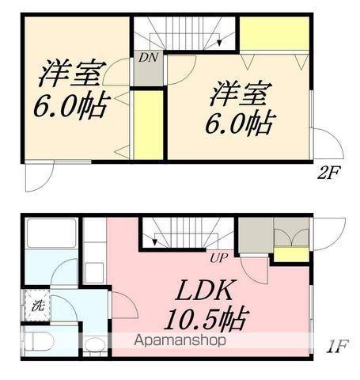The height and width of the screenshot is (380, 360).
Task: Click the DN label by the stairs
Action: click(x=149, y=58)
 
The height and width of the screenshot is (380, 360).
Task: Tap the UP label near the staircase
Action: click(x=218, y=258)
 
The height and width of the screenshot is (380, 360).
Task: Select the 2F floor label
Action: click(x=328, y=173)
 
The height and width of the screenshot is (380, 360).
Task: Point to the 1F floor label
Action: click(x=337, y=346)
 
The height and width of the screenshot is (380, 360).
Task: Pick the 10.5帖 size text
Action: click(x=206, y=318)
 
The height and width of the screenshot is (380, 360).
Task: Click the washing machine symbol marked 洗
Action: click(x=37, y=306)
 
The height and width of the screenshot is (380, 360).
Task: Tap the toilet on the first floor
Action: click(x=39, y=341)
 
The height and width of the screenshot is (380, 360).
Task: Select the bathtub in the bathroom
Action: click(x=51, y=233)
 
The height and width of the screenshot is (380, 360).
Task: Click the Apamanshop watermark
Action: click(x=180, y=340)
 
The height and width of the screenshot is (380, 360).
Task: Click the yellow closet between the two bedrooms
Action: click(x=148, y=125)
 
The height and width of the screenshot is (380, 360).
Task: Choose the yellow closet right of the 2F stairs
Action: click(x=275, y=33)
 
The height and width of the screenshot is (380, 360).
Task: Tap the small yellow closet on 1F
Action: click(x=291, y=255)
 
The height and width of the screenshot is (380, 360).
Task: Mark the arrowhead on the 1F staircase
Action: click(x=155, y=242)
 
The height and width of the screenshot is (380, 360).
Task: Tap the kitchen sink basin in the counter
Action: click(x=94, y=272)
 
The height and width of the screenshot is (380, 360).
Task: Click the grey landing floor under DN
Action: click(x=149, y=68)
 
